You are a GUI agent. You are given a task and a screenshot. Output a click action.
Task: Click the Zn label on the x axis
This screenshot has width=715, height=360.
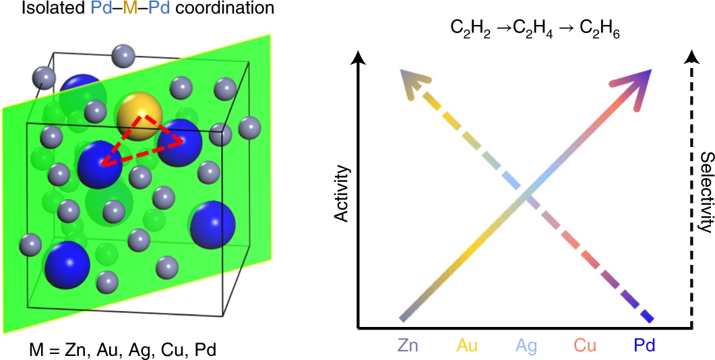click(x=408, y=346)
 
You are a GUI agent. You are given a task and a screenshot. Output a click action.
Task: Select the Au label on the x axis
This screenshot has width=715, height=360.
click(x=468, y=346)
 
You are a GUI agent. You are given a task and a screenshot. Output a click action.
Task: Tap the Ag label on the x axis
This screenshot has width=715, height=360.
click(x=526, y=346)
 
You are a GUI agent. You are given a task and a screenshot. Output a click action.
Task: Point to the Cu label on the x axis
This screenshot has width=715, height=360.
click(x=585, y=346)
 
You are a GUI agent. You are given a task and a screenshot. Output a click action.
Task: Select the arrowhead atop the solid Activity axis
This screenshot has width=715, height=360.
click(x=359, y=59)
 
